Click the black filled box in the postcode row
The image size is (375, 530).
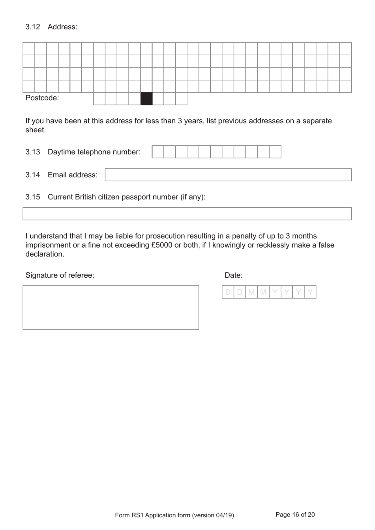tap(146, 99)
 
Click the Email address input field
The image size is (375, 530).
tap(228, 175)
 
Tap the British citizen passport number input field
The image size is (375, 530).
tap(187, 214)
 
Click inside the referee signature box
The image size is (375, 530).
tap(111, 308)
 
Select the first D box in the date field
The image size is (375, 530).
tap(228, 292)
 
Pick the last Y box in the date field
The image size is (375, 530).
tap(310, 292)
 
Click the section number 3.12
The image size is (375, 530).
tap(33, 27)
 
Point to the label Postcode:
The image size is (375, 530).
tap(42, 98)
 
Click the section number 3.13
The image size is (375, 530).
tap(33, 152)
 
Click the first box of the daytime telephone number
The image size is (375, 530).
tap(158, 152)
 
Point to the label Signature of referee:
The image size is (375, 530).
tap(60, 275)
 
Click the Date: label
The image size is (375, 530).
tap(233, 275)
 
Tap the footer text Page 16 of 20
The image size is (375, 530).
tap(295, 515)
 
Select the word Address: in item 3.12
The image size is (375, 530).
tap(62, 27)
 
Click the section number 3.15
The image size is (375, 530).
tap(33, 197)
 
